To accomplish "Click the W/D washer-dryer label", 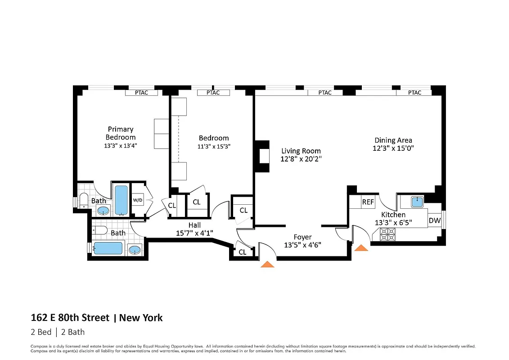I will click(137, 200).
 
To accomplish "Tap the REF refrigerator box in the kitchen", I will click(368, 202).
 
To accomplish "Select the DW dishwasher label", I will click(434, 220).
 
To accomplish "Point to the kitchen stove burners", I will click(387, 234).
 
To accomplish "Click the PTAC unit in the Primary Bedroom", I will click(141, 93).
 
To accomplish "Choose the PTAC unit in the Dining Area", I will click(414, 93).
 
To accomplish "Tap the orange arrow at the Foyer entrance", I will click(268, 264).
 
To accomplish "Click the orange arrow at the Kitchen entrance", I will click(361, 247).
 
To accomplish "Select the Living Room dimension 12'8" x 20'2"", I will click(301, 159).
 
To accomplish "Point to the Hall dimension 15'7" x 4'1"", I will click(194, 233).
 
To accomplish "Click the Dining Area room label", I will click(393, 140).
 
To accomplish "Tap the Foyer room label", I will click(302, 237).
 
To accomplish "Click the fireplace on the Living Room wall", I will click(261, 156).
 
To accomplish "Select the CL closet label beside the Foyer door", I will click(242, 252).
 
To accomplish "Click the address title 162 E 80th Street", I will click(70, 318).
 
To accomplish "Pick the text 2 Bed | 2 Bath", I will click(58, 333).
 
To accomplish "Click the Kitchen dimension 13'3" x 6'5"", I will click(393, 222).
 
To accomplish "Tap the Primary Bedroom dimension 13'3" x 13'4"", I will click(121, 145).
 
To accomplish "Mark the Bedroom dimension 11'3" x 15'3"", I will click(214, 146).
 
